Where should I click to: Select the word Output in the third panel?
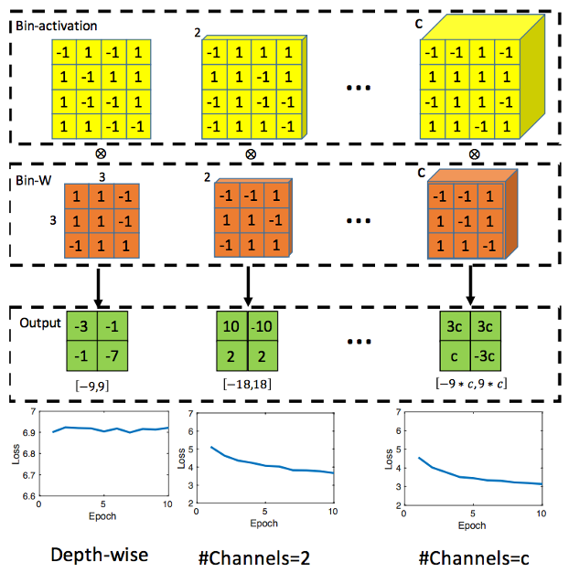(x=39, y=323)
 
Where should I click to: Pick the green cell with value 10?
(x=231, y=327)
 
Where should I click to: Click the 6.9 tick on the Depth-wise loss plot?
(x=27, y=431)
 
